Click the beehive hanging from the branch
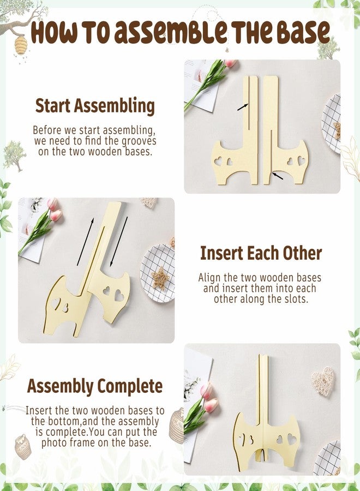click(21, 45)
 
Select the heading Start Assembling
click(95, 106)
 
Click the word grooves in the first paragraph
click(139, 141)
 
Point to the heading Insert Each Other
click(261, 253)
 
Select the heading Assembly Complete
click(94, 386)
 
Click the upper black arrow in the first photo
click(243, 107)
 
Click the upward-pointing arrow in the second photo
click(85, 242)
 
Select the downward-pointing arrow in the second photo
click(119, 242)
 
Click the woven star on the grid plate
click(160, 277)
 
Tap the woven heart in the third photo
click(323, 381)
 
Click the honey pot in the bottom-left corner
click(23, 446)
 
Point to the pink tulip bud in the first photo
click(230, 63)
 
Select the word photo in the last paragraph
click(54, 442)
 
